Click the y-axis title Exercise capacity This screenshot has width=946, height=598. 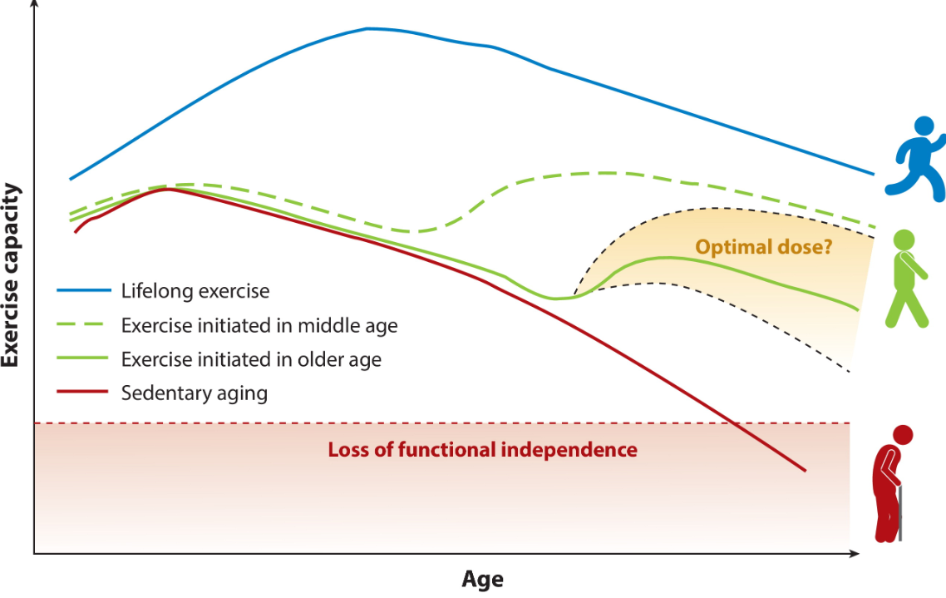coord(11,275)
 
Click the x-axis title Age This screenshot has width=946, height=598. coord(482,579)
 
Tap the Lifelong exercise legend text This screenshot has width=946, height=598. coord(195,291)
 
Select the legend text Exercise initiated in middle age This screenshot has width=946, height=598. coord(259,325)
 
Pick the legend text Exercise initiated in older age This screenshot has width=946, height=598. coord(251,359)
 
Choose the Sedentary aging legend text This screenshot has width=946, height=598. coord(195,393)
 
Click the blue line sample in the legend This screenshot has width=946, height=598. coord(83,291)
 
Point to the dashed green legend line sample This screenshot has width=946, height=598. coord(83,325)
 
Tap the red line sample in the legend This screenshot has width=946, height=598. coord(83,392)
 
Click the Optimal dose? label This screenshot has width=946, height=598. coord(763,247)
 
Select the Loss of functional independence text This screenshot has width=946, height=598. coord(482,450)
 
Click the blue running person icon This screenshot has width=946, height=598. coord(915,158)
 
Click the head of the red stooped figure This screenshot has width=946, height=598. coord(902,434)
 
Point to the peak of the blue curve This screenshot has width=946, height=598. coord(368,28)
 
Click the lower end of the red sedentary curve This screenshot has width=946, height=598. coord(805,471)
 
